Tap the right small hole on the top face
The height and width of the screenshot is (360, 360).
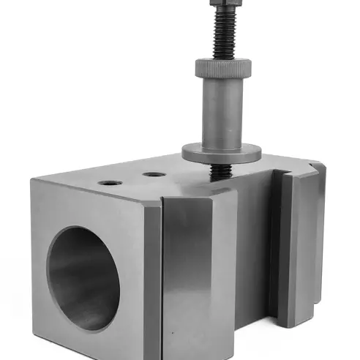152,175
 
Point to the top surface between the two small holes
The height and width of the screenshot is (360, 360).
132,179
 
